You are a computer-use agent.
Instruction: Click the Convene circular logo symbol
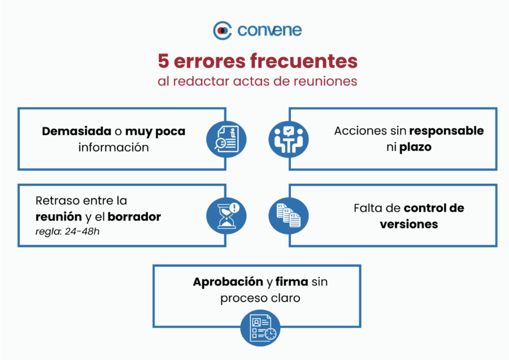(223, 31)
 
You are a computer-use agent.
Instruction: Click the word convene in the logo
(269, 30)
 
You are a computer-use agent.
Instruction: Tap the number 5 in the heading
(163, 60)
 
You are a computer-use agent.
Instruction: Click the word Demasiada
(77, 131)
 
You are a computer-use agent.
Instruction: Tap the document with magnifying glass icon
(227, 139)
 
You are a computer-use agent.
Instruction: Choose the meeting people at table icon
(289, 139)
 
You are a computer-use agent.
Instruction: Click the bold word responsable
(446, 131)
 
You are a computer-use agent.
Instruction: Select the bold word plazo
(415, 147)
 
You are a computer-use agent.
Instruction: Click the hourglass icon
(227, 216)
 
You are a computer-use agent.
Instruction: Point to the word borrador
(134, 216)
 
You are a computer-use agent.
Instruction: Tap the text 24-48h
(82, 232)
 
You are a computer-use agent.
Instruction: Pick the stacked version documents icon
(289, 216)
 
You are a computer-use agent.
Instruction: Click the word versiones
(409, 224)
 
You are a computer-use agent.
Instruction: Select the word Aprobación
(228, 282)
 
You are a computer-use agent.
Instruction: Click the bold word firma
(292, 282)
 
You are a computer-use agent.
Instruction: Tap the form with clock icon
(260, 328)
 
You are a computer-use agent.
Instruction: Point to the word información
(114, 148)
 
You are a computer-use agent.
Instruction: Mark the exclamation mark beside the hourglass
(234, 207)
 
